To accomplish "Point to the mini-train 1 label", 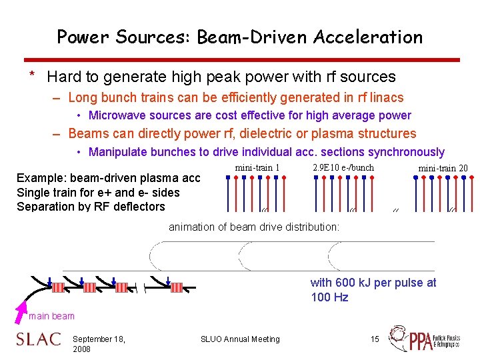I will point(257,167).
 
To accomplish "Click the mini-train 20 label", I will point(443,168).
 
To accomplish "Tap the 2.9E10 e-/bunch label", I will point(343,167).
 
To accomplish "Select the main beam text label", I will point(51,316).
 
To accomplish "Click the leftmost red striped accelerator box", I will point(58,287).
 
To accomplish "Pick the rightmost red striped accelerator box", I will point(177,287).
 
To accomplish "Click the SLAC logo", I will point(38,339).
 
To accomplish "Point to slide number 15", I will point(375,339).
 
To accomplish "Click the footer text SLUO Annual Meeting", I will point(240,339).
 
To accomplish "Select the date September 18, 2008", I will point(98,344).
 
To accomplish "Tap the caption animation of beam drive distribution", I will point(254,227).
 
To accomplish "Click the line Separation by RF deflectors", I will point(91,206).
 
